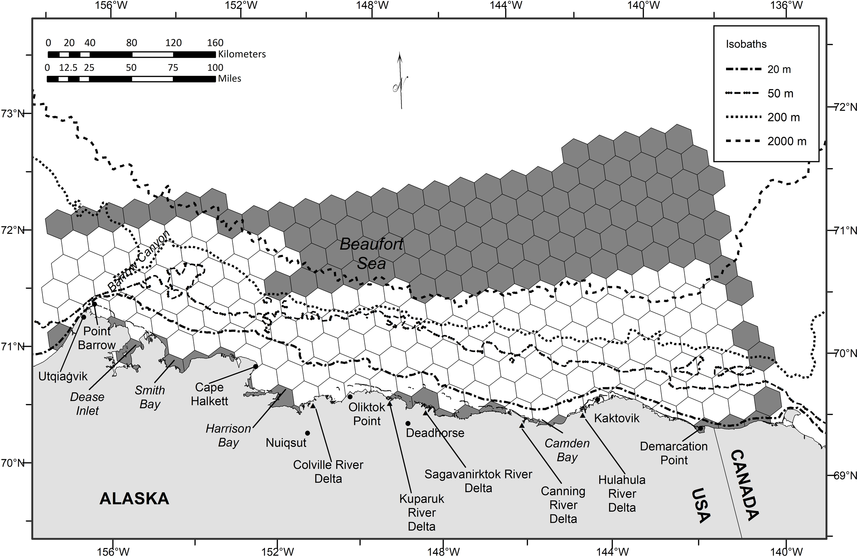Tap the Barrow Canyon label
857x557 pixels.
pyautogui.click(x=139, y=260)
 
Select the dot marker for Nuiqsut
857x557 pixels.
pyautogui.click(x=307, y=433)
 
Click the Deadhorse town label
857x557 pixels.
pyautogui.click(x=435, y=433)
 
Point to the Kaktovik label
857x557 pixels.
pyautogui.click(x=616, y=418)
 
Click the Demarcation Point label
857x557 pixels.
pyautogui.click(x=674, y=453)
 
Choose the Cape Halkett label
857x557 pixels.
pyautogui.click(x=209, y=394)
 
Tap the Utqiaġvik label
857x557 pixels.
pyautogui.click(x=63, y=377)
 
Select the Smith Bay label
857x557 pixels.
pyautogui.click(x=150, y=397)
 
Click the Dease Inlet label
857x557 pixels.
pyautogui.click(x=87, y=404)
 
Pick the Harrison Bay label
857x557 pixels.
pyautogui.click(x=228, y=435)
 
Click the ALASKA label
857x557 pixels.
pyautogui.click(x=134, y=499)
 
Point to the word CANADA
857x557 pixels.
pyautogui.click(x=745, y=485)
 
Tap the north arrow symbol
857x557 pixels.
pyautogui.click(x=400, y=81)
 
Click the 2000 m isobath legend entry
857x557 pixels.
pyautogui.click(x=765, y=141)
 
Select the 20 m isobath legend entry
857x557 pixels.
pyautogui.click(x=758, y=69)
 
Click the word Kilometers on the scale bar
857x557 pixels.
pyautogui.click(x=242, y=54)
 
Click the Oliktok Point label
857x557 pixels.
pyautogui.click(x=366, y=414)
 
